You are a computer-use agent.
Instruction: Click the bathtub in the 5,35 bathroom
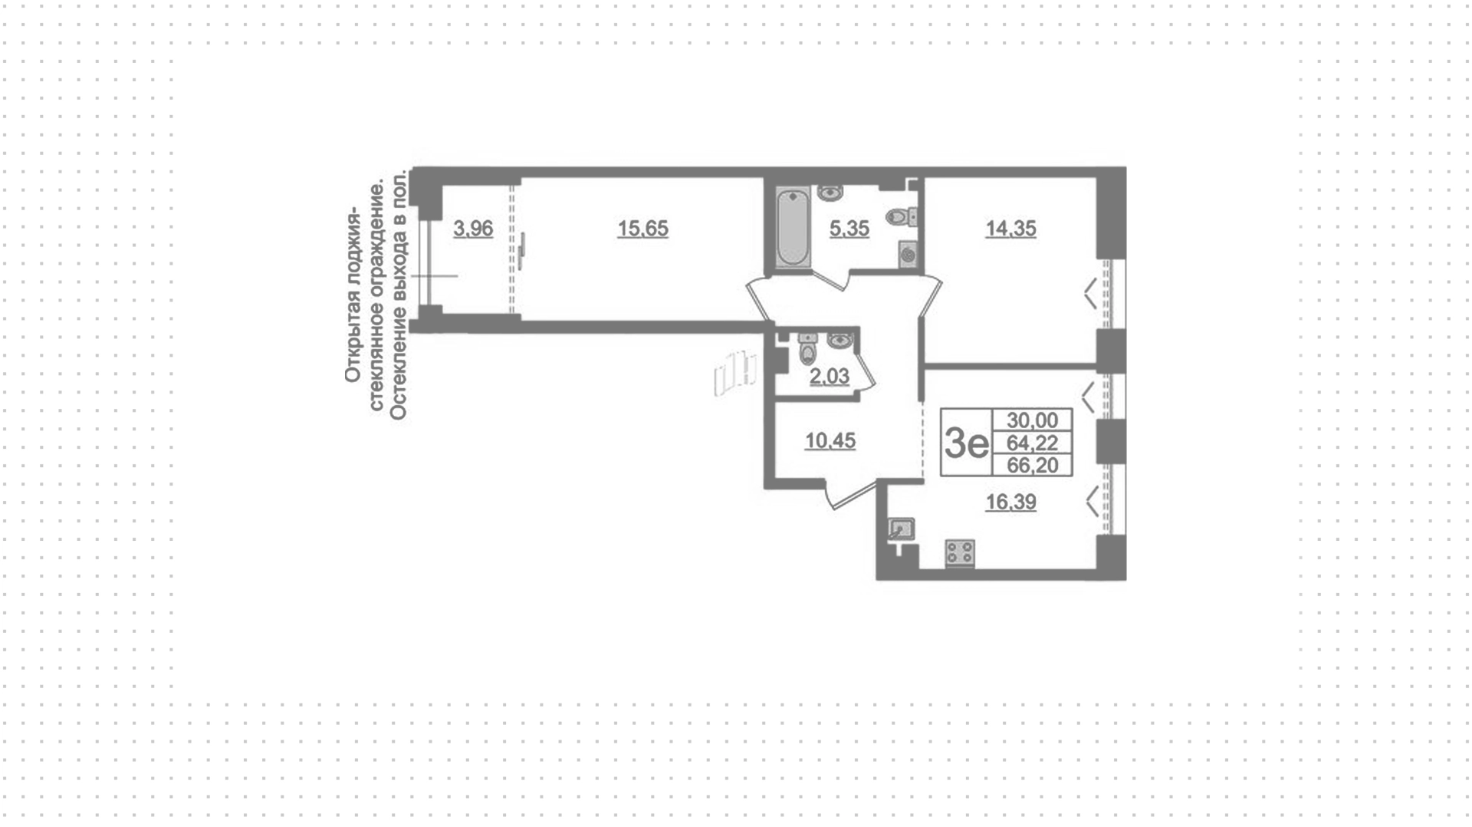(793, 227)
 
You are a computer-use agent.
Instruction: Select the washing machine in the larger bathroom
(908, 254)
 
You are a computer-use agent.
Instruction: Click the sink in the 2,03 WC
(839, 338)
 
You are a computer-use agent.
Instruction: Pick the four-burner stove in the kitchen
(960, 552)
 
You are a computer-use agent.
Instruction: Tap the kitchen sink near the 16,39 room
(900, 529)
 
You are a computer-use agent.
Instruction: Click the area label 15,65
(642, 229)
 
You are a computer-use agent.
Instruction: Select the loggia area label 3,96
(473, 229)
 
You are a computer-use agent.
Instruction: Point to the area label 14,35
(1010, 229)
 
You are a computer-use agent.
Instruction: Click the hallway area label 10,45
(830, 441)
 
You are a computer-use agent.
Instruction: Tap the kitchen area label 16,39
(1010, 502)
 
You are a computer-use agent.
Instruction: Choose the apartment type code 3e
(967, 443)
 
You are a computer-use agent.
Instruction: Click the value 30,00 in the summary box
(1032, 420)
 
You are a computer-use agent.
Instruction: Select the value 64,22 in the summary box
(1032, 443)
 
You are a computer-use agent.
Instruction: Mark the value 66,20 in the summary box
(1032, 465)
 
